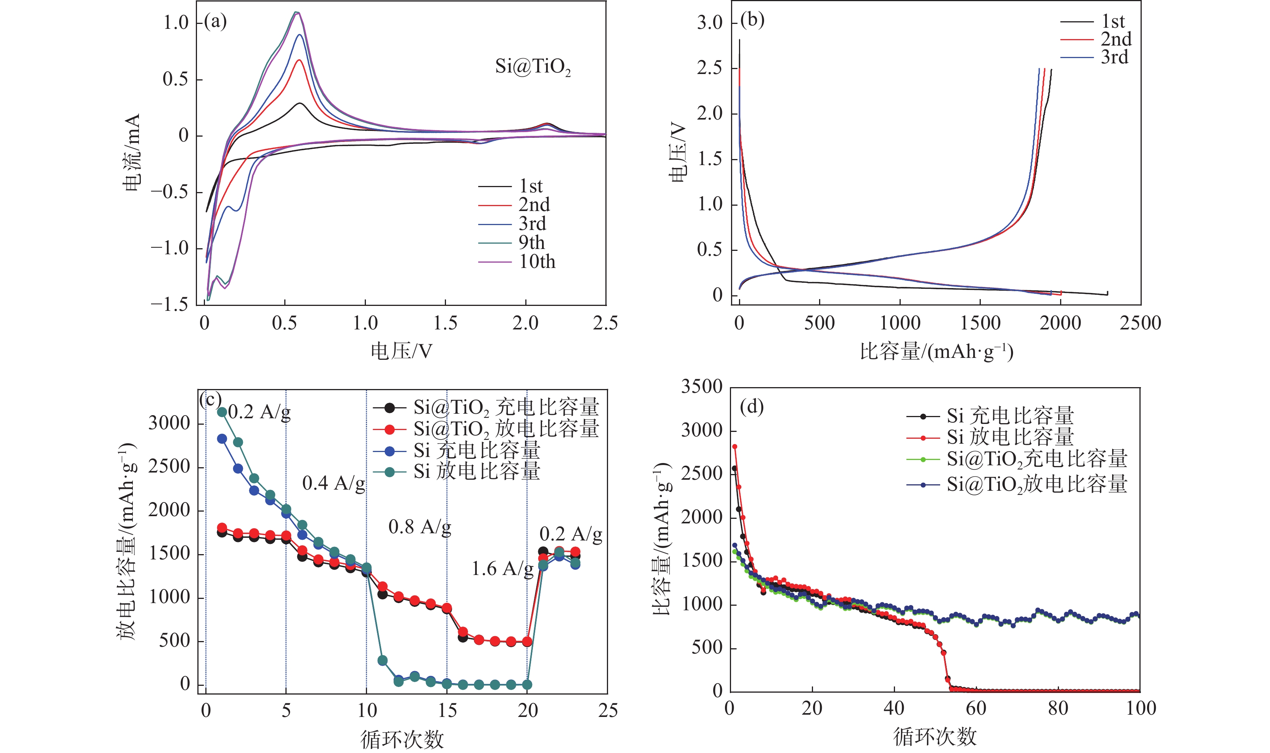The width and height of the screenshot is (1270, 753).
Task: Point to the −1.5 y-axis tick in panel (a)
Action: (169, 304)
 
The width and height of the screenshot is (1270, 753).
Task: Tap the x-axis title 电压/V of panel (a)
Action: (401, 351)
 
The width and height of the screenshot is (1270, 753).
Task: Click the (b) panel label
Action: (752, 20)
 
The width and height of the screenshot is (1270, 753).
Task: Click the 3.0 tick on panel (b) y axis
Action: (710, 23)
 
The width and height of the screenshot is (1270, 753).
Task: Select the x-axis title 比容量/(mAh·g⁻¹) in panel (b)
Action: (936, 351)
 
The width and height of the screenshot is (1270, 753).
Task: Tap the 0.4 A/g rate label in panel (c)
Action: (333, 484)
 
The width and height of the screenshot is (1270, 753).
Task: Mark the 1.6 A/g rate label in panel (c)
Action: (502, 569)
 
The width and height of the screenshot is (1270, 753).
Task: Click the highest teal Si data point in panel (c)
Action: (222, 412)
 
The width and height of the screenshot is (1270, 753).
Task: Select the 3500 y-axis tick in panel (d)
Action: (702, 387)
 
